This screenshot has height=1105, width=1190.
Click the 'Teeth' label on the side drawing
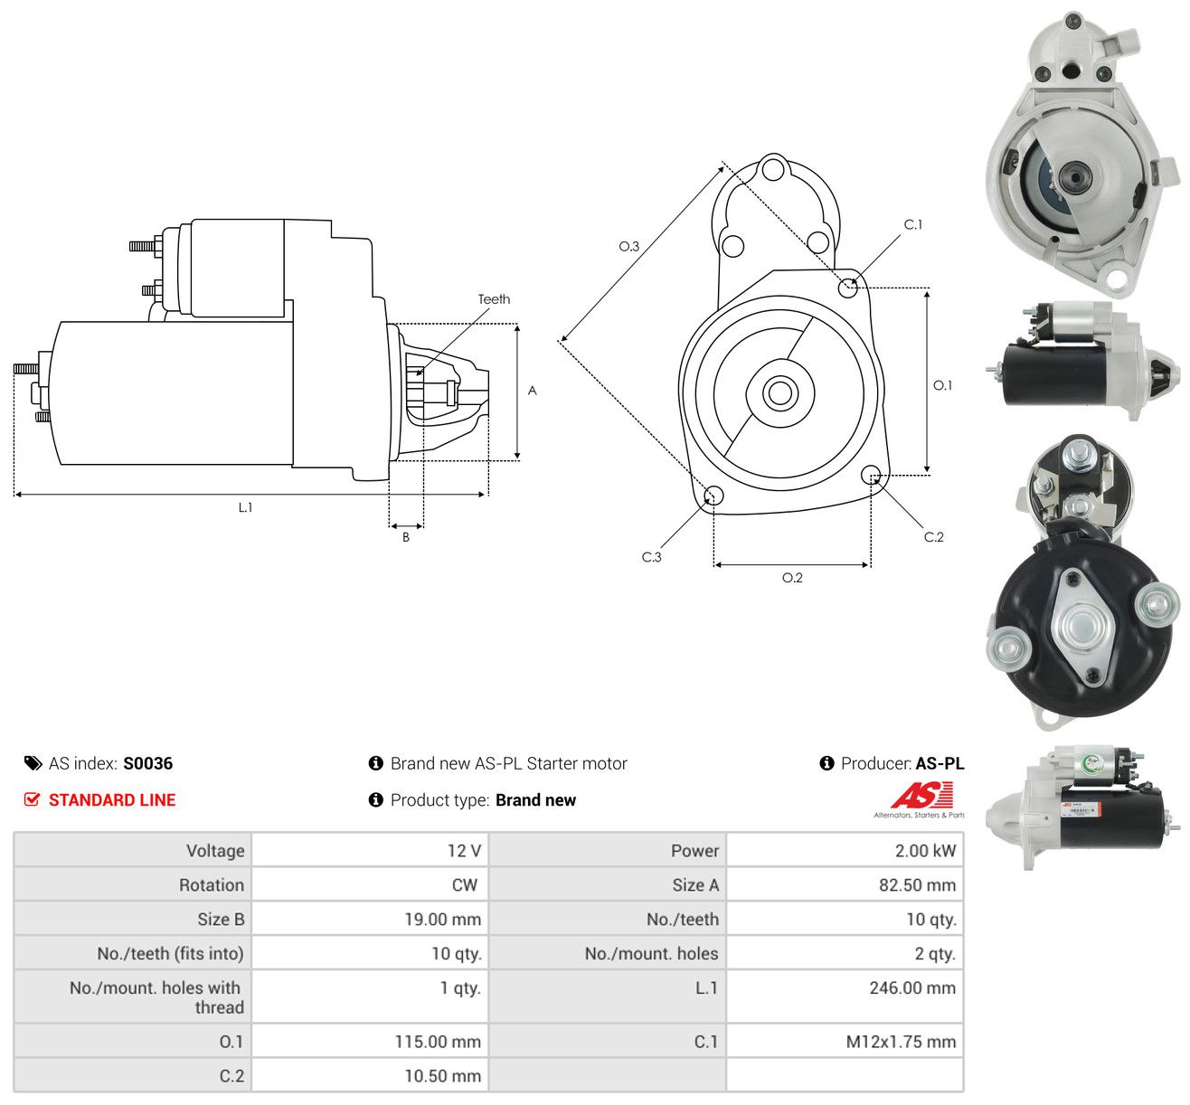(x=494, y=299)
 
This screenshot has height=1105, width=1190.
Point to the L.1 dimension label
(x=245, y=507)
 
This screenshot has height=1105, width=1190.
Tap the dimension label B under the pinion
(x=406, y=537)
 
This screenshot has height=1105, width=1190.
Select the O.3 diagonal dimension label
(x=628, y=246)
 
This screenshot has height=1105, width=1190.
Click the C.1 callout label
(x=912, y=225)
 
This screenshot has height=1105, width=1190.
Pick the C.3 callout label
(x=651, y=557)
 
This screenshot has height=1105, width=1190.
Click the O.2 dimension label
(x=792, y=578)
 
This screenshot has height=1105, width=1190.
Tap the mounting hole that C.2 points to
(x=871, y=476)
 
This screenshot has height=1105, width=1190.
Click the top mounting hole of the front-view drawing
(x=773, y=168)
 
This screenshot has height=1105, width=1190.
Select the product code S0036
(x=148, y=763)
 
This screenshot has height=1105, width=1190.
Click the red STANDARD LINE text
(x=112, y=800)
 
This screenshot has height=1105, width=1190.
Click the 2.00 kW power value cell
(x=845, y=850)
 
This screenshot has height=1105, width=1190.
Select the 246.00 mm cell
(x=845, y=996)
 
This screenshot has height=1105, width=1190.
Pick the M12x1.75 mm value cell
(x=845, y=1042)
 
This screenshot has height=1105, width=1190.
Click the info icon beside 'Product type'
(x=375, y=800)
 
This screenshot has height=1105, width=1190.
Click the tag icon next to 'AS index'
(x=33, y=763)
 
